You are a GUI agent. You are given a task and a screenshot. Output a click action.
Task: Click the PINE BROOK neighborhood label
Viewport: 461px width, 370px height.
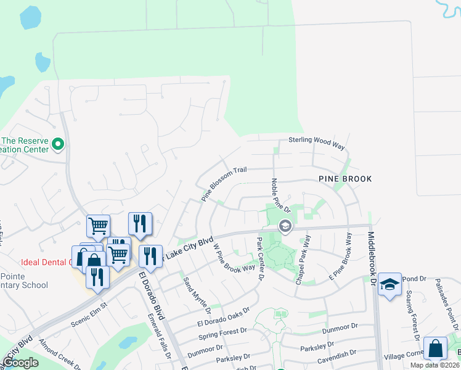click(345, 179)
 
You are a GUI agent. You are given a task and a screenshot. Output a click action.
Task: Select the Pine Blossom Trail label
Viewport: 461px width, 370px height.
click(224, 183)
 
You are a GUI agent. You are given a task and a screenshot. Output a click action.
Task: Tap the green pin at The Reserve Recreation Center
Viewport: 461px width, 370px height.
click(59, 145)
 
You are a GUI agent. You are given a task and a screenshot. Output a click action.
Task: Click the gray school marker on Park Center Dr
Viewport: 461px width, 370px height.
click(285, 226)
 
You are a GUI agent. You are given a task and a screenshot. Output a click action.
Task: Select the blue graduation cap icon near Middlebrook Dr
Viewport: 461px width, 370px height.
click(390, 284)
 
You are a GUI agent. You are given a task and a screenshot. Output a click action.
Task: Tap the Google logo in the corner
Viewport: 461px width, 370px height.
click(20, 363)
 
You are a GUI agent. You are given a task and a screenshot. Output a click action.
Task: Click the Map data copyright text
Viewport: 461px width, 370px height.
click(434, 365)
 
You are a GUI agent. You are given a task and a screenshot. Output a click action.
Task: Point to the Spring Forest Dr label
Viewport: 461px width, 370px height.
click(223, 334)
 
